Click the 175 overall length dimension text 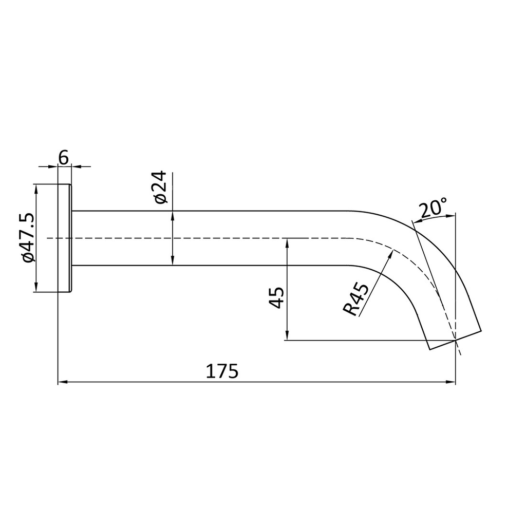click(222, 371)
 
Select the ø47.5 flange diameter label click(28, 238)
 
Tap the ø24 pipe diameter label click(160, 187)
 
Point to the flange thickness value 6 click(63, 157)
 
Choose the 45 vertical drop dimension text click(276, 298)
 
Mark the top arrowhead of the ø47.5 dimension click(36, 187)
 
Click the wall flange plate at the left click(64, 238)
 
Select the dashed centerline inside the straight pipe click(205, 238)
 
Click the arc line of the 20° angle click(434, 218)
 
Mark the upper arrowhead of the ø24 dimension click(173, 215)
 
